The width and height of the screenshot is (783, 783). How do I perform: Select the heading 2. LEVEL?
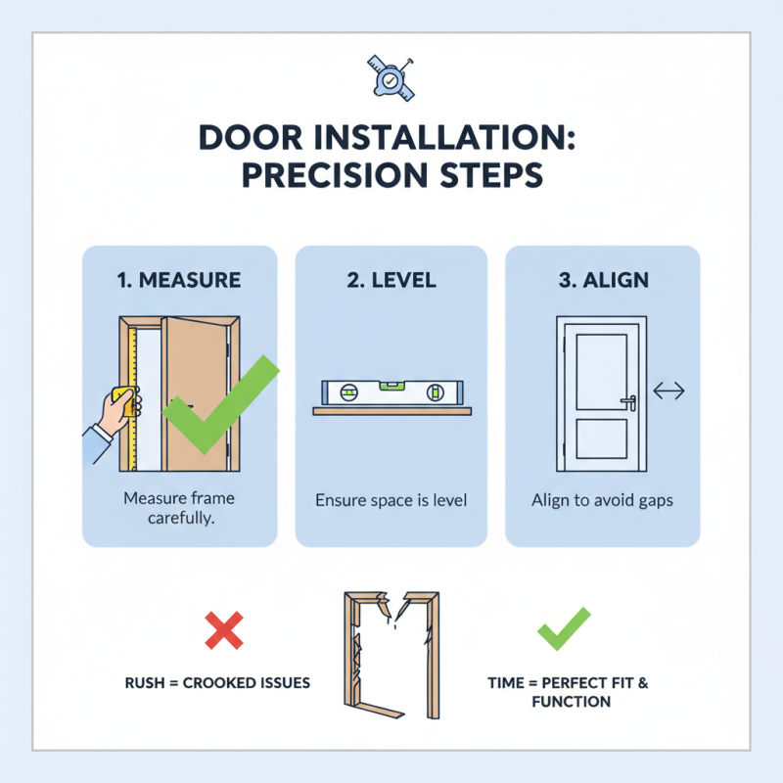391,280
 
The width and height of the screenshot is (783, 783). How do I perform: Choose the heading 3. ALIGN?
602,280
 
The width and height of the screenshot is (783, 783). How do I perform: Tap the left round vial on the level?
348,394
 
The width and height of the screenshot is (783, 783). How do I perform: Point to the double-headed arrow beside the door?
668,391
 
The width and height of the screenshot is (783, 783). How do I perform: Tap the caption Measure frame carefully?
179,508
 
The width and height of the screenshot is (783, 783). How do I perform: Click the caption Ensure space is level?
391,500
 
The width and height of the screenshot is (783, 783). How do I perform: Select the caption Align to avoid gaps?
602,500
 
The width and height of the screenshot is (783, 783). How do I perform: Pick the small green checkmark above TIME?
564,628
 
